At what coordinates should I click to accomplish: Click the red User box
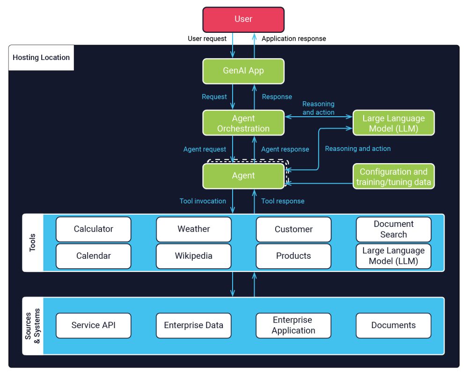pyautogui.click(x=243, y=19)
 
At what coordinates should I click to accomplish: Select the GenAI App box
pyautogui.click(x=243, y=71)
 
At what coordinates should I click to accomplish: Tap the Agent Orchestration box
pyautogui.click(x=243, y=123)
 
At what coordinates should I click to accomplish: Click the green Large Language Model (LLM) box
pyautogui.click(x=393, y=123)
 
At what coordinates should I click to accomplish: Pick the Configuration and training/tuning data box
pyautogui.click(x=393, y=177)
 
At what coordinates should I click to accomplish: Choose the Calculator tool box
pyautogui.click(x=93, y=229)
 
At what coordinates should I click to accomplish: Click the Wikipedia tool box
pyautogui.click(x=193, y=256)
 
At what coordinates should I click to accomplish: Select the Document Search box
pyautogui.click(x=393, y=229)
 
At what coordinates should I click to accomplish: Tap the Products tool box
pyautogui.click(x=293, y=256)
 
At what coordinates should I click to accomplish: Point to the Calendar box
pyautogui.click(x=93, y=256)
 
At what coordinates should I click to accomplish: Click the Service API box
pyautogui.click(x=93, y=325)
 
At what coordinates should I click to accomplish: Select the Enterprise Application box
pyautogui.click(x=293, y=325)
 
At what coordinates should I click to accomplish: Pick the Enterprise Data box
pyautogui.click(x=193, y=325)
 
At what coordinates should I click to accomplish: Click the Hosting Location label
pyautogui.click(x=41, y=58)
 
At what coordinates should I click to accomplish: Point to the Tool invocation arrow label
pyautogui.click(x=203, y=201)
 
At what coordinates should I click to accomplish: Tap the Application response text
pyautogui.click(x=293, y=38)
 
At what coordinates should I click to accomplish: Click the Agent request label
pyautogui.click(x=205, y=149)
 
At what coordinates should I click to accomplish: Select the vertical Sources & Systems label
pyautogui.click(x=33, y=325)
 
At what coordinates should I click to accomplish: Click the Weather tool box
pyautogui.click(x=193, y=229)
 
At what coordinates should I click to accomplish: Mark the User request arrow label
pyautogui.click(x=207, y=38)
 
